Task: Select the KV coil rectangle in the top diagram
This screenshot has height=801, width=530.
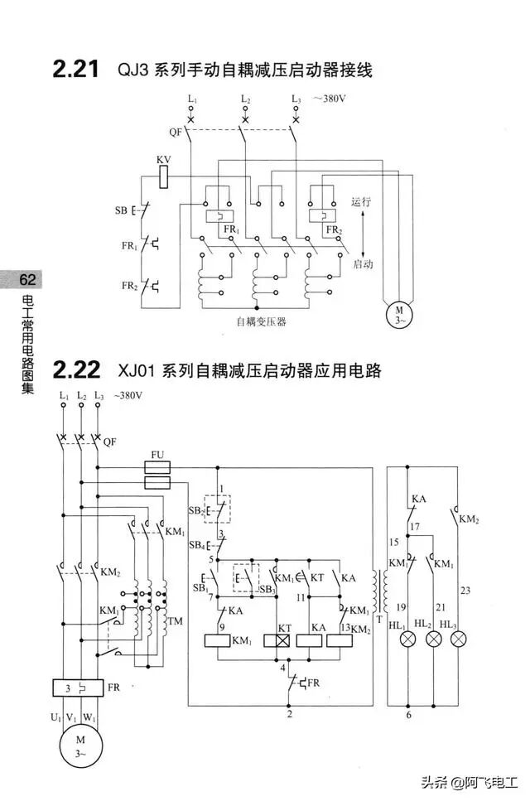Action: [164, 174]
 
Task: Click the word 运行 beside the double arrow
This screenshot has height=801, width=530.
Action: [361, 201]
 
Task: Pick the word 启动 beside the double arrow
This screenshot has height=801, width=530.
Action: [363, 264]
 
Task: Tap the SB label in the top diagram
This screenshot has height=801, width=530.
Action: [121, 210]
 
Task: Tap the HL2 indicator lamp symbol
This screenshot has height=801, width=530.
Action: [432, 640]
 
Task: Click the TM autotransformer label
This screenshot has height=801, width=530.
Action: [175, 621]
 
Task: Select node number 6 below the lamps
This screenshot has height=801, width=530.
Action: [407, 714]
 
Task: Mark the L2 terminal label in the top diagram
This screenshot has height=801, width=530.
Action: [245, 99]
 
